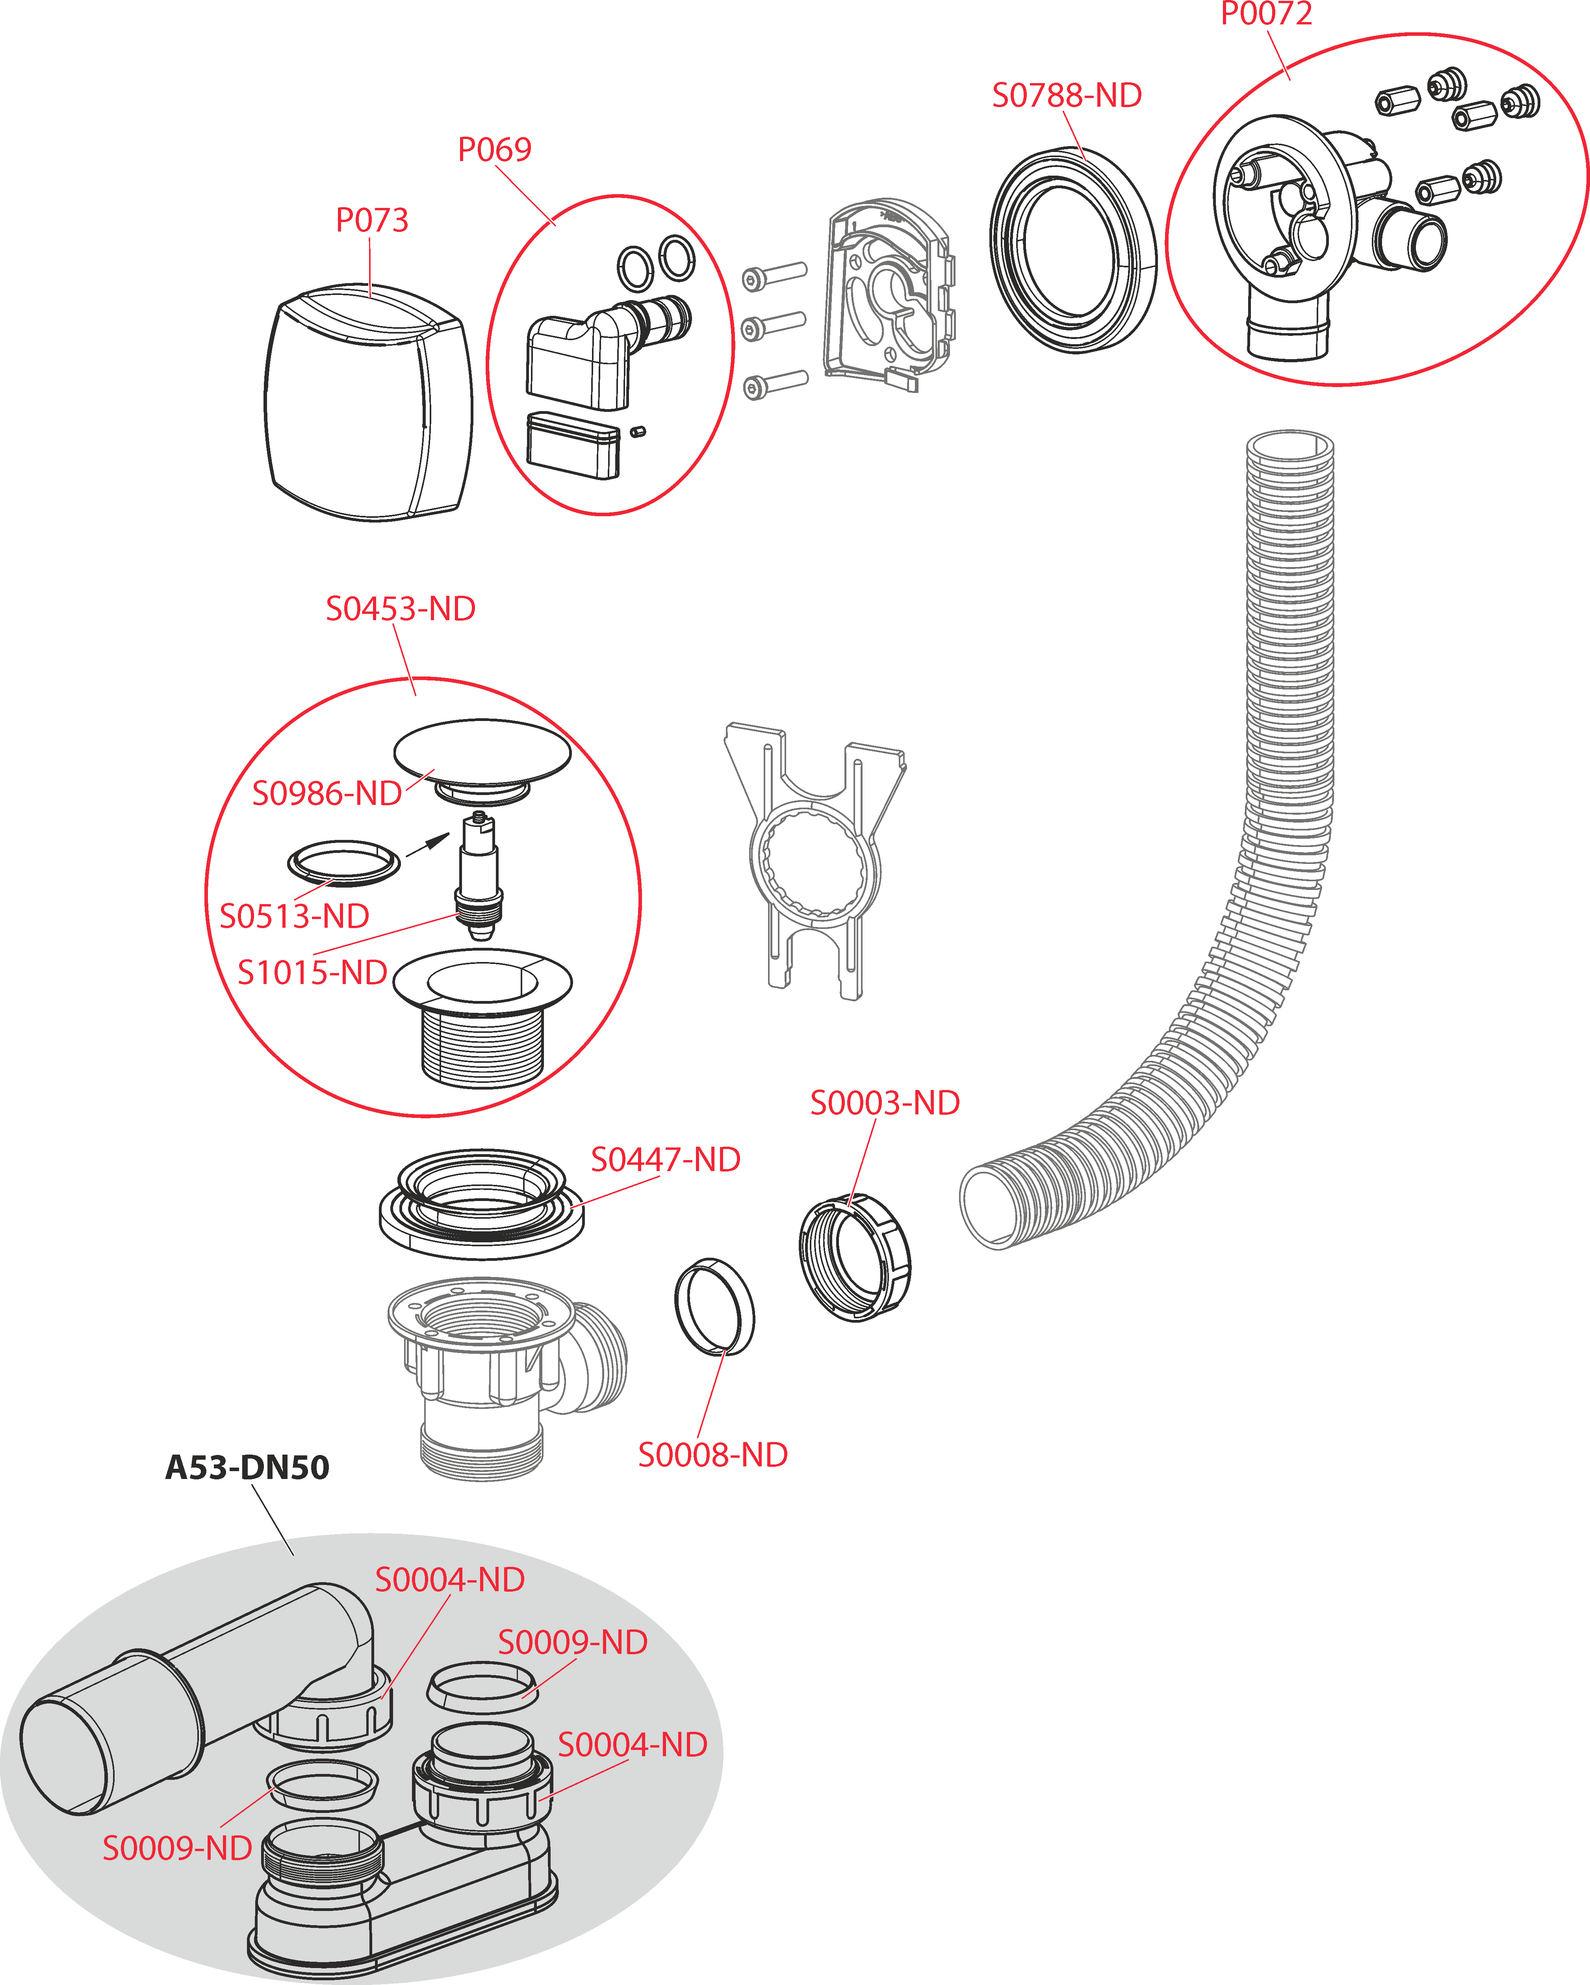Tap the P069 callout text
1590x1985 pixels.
(x=494, y=149)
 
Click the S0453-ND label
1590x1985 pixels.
(x=401, y=609)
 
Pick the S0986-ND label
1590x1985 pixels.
(x=327, y=793)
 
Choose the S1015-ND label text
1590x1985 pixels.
(x=312, y=972)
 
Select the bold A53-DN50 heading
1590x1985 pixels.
(x=247, y=1467)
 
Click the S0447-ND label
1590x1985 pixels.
(x=666, y=1159)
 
